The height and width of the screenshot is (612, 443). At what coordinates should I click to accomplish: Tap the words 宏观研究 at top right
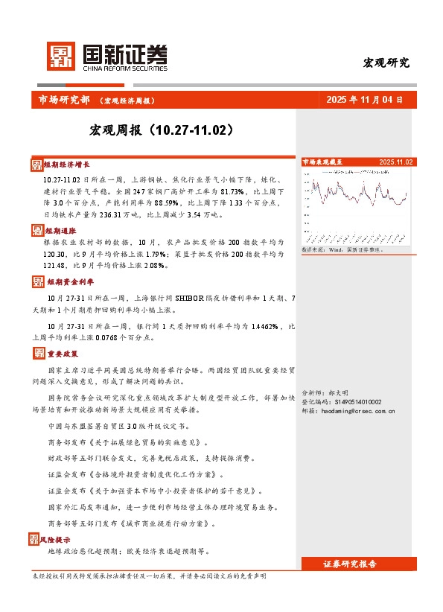tap(386, 63)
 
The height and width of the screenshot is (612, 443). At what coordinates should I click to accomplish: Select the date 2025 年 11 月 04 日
tap(365, 100)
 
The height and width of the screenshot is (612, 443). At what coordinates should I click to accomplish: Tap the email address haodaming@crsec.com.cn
tap(348, 410)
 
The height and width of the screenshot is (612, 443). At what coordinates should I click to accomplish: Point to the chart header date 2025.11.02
tap(395, 162)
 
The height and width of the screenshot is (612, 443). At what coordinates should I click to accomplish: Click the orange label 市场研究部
tap(63, 100)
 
